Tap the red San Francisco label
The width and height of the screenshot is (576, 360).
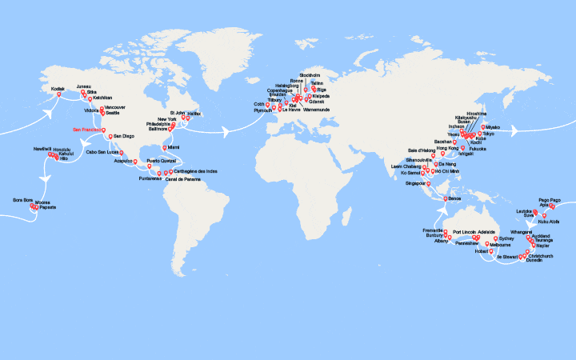coord(87,129)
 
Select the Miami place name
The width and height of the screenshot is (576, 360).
coord(173,147)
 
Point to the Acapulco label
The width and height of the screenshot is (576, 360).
coord(123,161)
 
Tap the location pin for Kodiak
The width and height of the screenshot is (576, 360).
coord(58,96)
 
